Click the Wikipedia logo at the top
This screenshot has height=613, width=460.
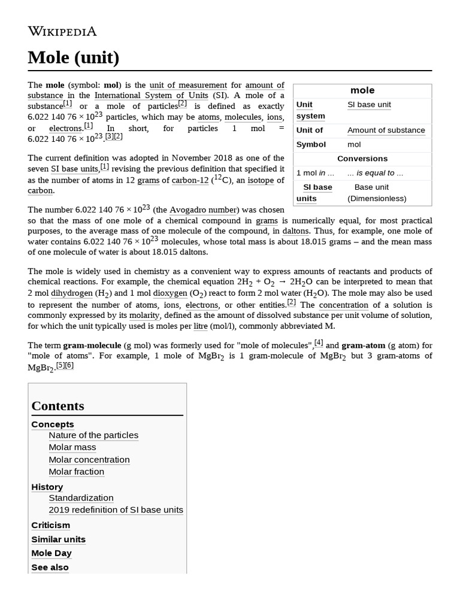(x=62, y=31)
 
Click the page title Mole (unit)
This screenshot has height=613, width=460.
(x=73, y=57)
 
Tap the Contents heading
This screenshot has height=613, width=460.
(x=57, y=406)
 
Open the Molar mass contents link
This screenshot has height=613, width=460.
(x=72, y=447)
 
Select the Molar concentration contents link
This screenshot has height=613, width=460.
(x=89, y=460)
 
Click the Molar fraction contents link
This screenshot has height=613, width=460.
(x=76, y=472)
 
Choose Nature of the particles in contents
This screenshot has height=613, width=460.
(x=93, y=435)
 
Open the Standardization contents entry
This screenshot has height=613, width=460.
(x=81, y=498)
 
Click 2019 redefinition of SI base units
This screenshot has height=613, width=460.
(x=116, y=510)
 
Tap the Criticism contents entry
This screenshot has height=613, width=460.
(x=50, y=525)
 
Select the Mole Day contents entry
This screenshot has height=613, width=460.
(x=51, y=553)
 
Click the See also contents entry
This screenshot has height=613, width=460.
(x=50, y=568)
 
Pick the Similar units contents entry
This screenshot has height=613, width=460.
(x=58, y=539)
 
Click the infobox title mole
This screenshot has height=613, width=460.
(x=362, y=90)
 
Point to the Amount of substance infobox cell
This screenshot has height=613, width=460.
(x=386, y=130)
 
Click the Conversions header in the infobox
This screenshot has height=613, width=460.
(x=362, y=159)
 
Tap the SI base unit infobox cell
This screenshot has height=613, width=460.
(x=369, y=104)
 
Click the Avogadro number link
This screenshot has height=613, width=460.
(x=204, y=210)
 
